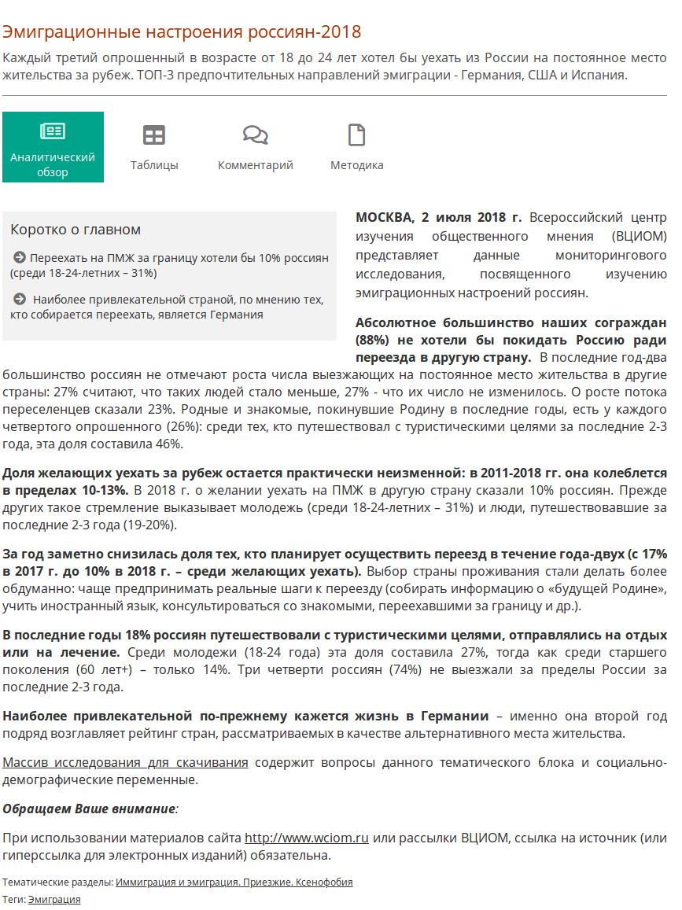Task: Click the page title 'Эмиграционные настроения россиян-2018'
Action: [182, 31]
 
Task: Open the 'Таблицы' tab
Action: [154, 165]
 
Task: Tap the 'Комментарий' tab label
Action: [256, 165]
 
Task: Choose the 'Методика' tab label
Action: [357, 165]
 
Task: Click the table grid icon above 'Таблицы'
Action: [154, 135]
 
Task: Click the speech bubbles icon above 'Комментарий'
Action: [256, 135]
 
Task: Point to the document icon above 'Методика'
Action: [357, 135]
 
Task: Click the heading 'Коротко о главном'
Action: [76, 230]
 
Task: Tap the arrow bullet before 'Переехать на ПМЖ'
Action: [20, 257]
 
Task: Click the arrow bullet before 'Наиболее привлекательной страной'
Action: [20, 299]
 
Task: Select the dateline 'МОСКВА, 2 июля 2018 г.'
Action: [439, 217]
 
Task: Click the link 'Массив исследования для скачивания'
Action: [126, 762]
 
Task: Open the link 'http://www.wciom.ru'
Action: [307, 838]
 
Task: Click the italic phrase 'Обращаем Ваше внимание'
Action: [88, 809]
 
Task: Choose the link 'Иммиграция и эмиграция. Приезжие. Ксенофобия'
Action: [234, 882]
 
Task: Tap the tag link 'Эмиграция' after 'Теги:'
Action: [54, 899]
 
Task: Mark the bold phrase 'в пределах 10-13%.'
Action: [65, 490]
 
